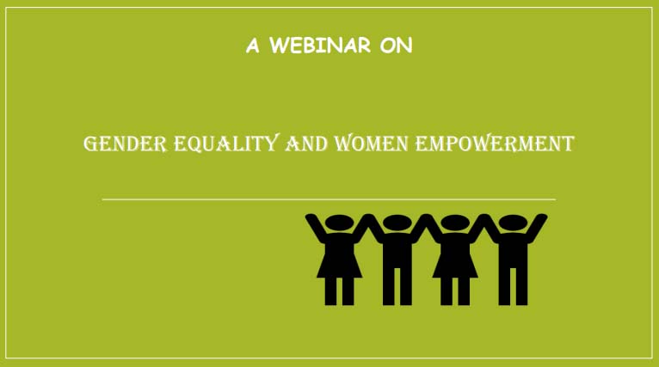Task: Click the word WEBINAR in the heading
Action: click(x=320, y=45)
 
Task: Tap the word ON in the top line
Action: click(x=397, y=46)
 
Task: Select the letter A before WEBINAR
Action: click(x=253, y=46)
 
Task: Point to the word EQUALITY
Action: click(x=226, y=144)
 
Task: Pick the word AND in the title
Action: click(x=306, y=144)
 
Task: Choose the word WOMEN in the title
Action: click(x=371, y=144)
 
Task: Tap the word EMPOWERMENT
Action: click(x=495, y=144)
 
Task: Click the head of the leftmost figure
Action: click(x=339, y=223)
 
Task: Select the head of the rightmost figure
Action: click(x=513, y=223)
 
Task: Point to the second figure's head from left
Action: click(x=397, y=223)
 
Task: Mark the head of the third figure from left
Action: click(x=455, y=223)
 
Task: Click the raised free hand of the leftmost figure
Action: click(x=311, y=218)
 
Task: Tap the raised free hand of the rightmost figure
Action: click(x=542, y=218)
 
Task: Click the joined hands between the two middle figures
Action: click(x=426, y=218)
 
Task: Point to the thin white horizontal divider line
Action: click(x=329, y=199)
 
